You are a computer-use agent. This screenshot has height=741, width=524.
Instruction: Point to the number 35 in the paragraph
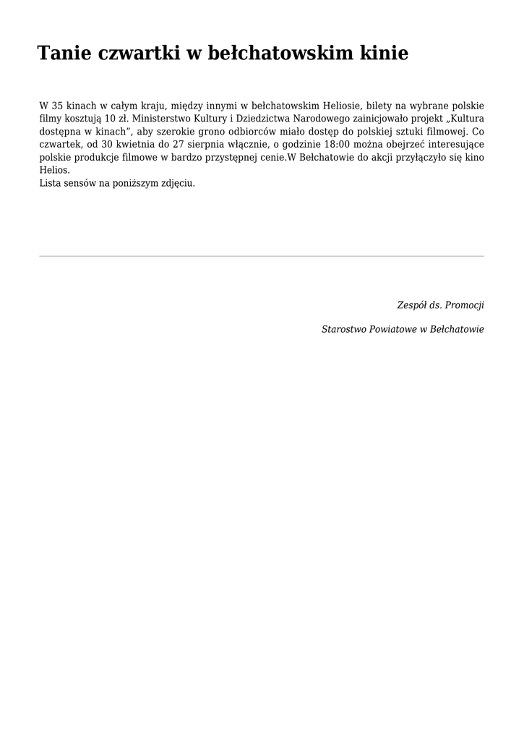[x=57, y=105]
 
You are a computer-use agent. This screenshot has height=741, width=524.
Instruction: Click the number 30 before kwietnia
[x=107, y=144]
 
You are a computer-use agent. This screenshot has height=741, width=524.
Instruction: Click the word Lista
[x=51, y=183]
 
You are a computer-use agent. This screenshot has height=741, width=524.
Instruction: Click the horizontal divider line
[x=262, y=256]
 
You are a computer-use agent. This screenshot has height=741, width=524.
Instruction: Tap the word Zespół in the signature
[x=411, y=305]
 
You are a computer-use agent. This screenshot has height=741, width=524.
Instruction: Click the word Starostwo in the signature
[x=344, y=329]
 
